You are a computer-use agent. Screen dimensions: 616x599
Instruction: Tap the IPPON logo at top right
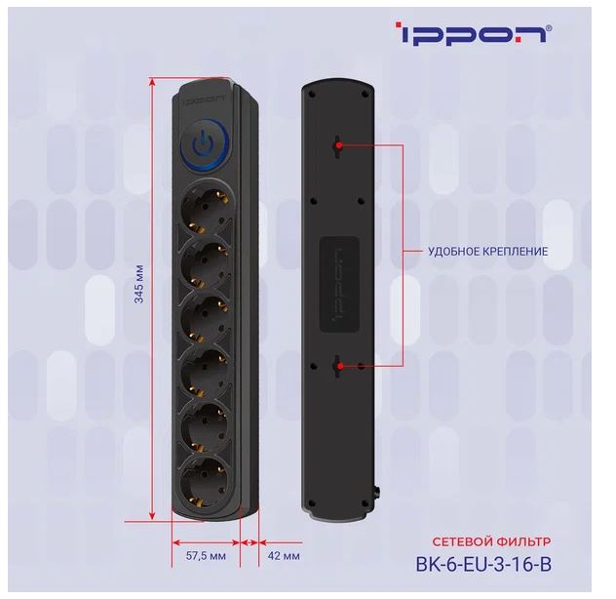coord(473,33)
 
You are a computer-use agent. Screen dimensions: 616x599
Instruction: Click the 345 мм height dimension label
coord(139,284)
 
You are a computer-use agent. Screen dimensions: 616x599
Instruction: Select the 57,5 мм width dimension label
coord(206,556)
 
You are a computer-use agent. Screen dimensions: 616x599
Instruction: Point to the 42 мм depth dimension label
coord(284,556)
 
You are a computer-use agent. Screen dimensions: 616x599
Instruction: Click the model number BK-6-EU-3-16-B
coord(483,564)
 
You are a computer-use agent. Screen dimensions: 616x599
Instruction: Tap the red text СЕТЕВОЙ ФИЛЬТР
coord(491,541)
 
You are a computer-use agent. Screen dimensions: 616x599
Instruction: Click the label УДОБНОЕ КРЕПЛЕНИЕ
coord(487,252)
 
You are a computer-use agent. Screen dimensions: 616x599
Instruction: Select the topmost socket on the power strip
coord(205,209)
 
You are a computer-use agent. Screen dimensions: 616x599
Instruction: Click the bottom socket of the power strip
coord(205,482)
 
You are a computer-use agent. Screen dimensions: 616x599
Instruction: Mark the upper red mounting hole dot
coord(338,145)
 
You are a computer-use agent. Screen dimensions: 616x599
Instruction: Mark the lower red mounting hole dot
coord(340,366)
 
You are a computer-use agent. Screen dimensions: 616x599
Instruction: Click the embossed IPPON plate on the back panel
coord(339,284)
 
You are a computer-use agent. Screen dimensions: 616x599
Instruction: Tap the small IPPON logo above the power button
coord(204,100)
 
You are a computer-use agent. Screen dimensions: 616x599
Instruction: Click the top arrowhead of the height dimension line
coord(152,80)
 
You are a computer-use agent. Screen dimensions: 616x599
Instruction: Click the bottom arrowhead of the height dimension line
coord(152,516)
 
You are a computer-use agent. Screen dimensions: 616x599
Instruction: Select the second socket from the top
coord(205,263)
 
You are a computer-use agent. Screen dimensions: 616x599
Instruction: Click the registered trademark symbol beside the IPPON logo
coord(549,28)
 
